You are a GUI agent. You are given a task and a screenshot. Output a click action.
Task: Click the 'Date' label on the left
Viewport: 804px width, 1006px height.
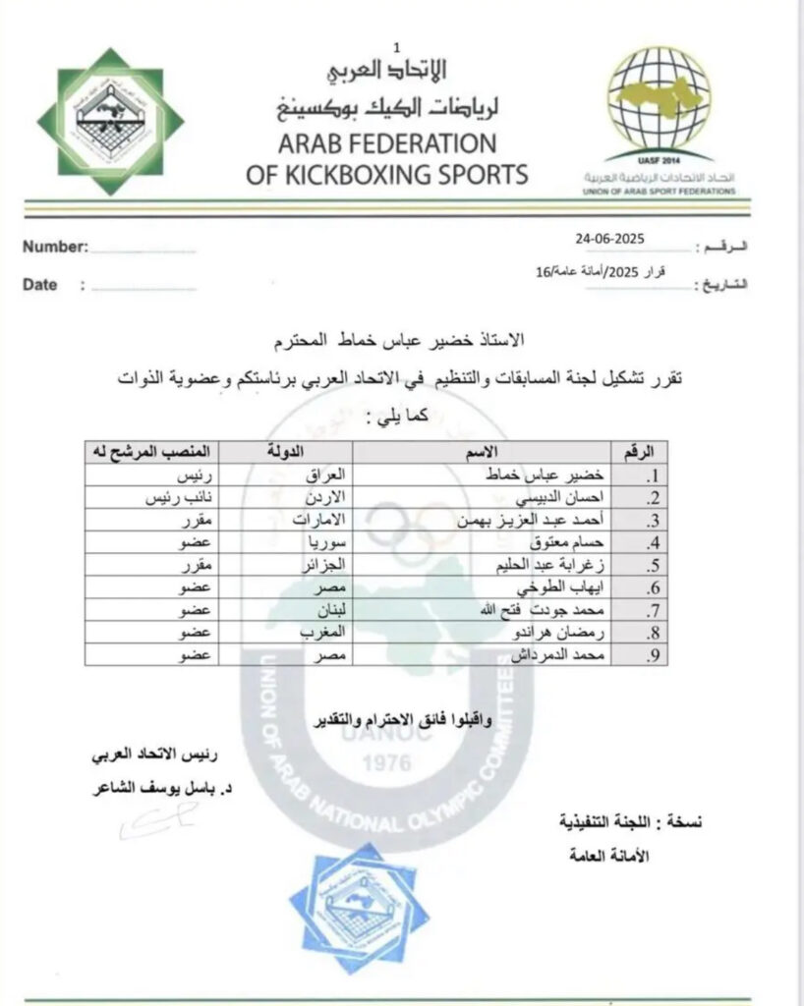coord(39,285)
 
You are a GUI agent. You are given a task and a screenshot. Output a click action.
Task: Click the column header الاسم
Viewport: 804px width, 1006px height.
coord(505,451)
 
